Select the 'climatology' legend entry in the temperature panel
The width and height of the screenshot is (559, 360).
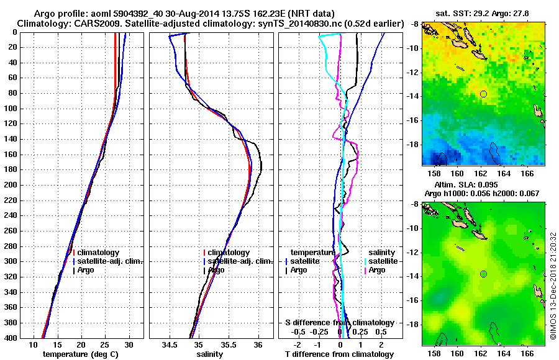point(99,253)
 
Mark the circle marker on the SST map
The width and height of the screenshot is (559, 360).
point(483,94)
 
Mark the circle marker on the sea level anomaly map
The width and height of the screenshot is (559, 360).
point(483,274)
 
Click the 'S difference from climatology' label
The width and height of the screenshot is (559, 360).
point(340,323)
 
